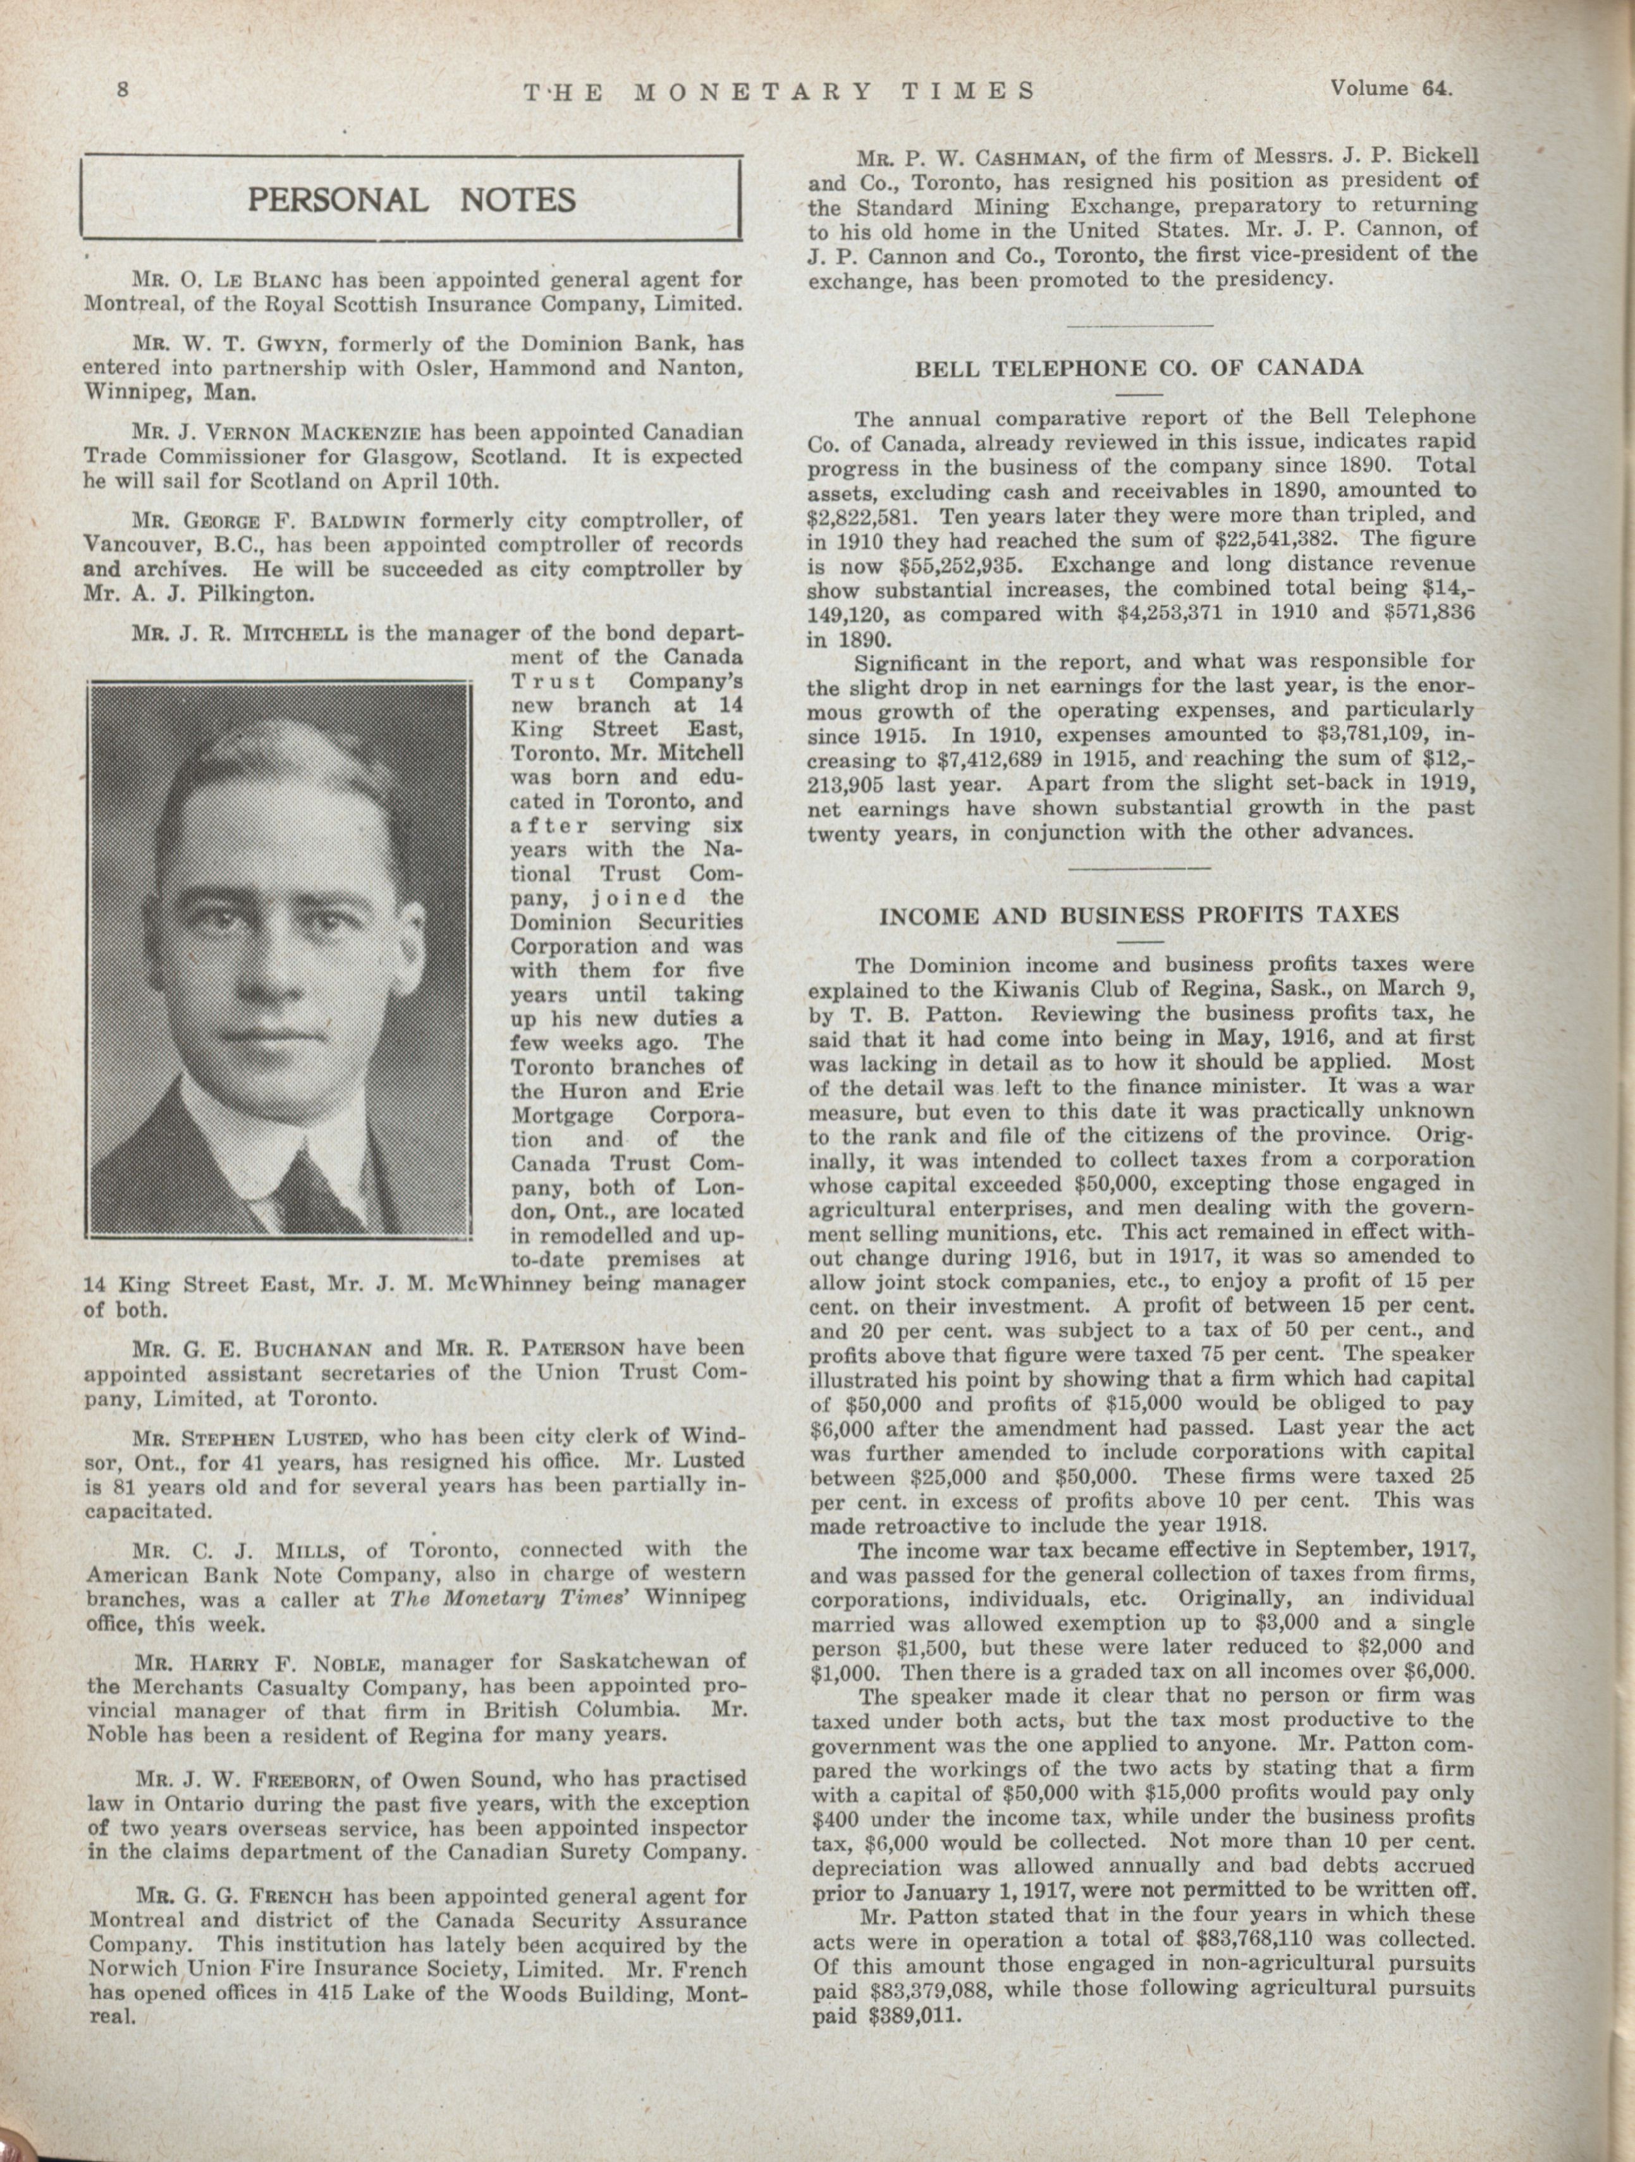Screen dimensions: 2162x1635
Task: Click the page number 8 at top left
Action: [123, 90]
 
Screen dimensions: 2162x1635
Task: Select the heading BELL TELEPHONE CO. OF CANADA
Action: [1139, 369]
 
